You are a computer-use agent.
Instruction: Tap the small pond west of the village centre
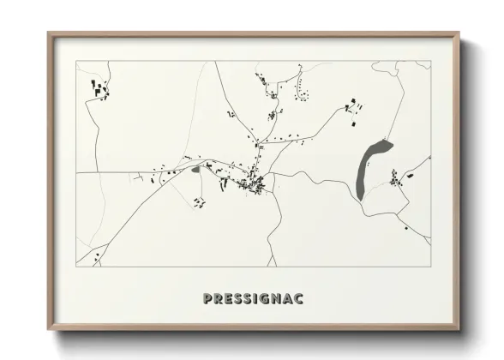[x=196, y=170]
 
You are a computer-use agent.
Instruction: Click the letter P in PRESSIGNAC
[x=207, y=299]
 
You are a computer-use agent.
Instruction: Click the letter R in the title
[x=218, y=299]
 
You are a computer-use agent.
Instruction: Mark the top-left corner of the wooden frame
[x=48, y=34]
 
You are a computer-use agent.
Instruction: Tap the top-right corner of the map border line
[x=429, y=61]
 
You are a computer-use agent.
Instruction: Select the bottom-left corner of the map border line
[x=76, y=267]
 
